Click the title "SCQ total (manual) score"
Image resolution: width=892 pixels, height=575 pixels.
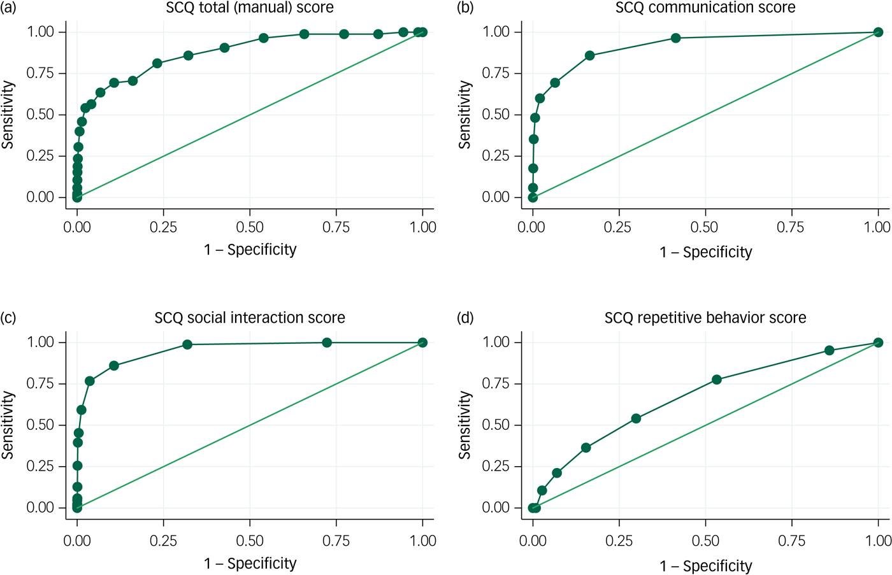point(250,8)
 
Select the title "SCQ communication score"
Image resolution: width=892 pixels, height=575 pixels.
point(705,8)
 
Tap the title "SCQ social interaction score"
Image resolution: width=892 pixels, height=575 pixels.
point(250,318)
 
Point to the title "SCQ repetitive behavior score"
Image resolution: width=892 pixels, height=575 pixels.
point(705,318)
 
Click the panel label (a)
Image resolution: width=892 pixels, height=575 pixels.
point(9,8)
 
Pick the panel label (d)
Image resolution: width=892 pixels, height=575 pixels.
point(465,318)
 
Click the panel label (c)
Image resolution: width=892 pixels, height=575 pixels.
point(9,318)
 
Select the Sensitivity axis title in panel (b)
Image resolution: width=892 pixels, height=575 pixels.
point(465,115)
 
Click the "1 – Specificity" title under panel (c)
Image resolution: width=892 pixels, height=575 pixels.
point(250,564)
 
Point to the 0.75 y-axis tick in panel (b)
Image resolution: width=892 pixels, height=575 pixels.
point(496,73)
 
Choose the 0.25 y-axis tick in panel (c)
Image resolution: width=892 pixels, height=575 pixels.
point(40,466)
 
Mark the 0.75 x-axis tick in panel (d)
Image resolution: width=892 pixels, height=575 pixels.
point(791,541)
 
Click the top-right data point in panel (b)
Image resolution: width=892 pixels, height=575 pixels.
point(878,32)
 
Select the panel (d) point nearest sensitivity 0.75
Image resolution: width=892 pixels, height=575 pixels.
point(716,380)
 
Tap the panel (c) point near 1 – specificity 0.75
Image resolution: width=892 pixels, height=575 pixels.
point(327,343)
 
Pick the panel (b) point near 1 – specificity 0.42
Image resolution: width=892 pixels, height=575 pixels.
point(675,38)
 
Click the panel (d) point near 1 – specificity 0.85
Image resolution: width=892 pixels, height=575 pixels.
point(829,350)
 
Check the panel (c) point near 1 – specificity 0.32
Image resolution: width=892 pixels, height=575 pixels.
point(187,344)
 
